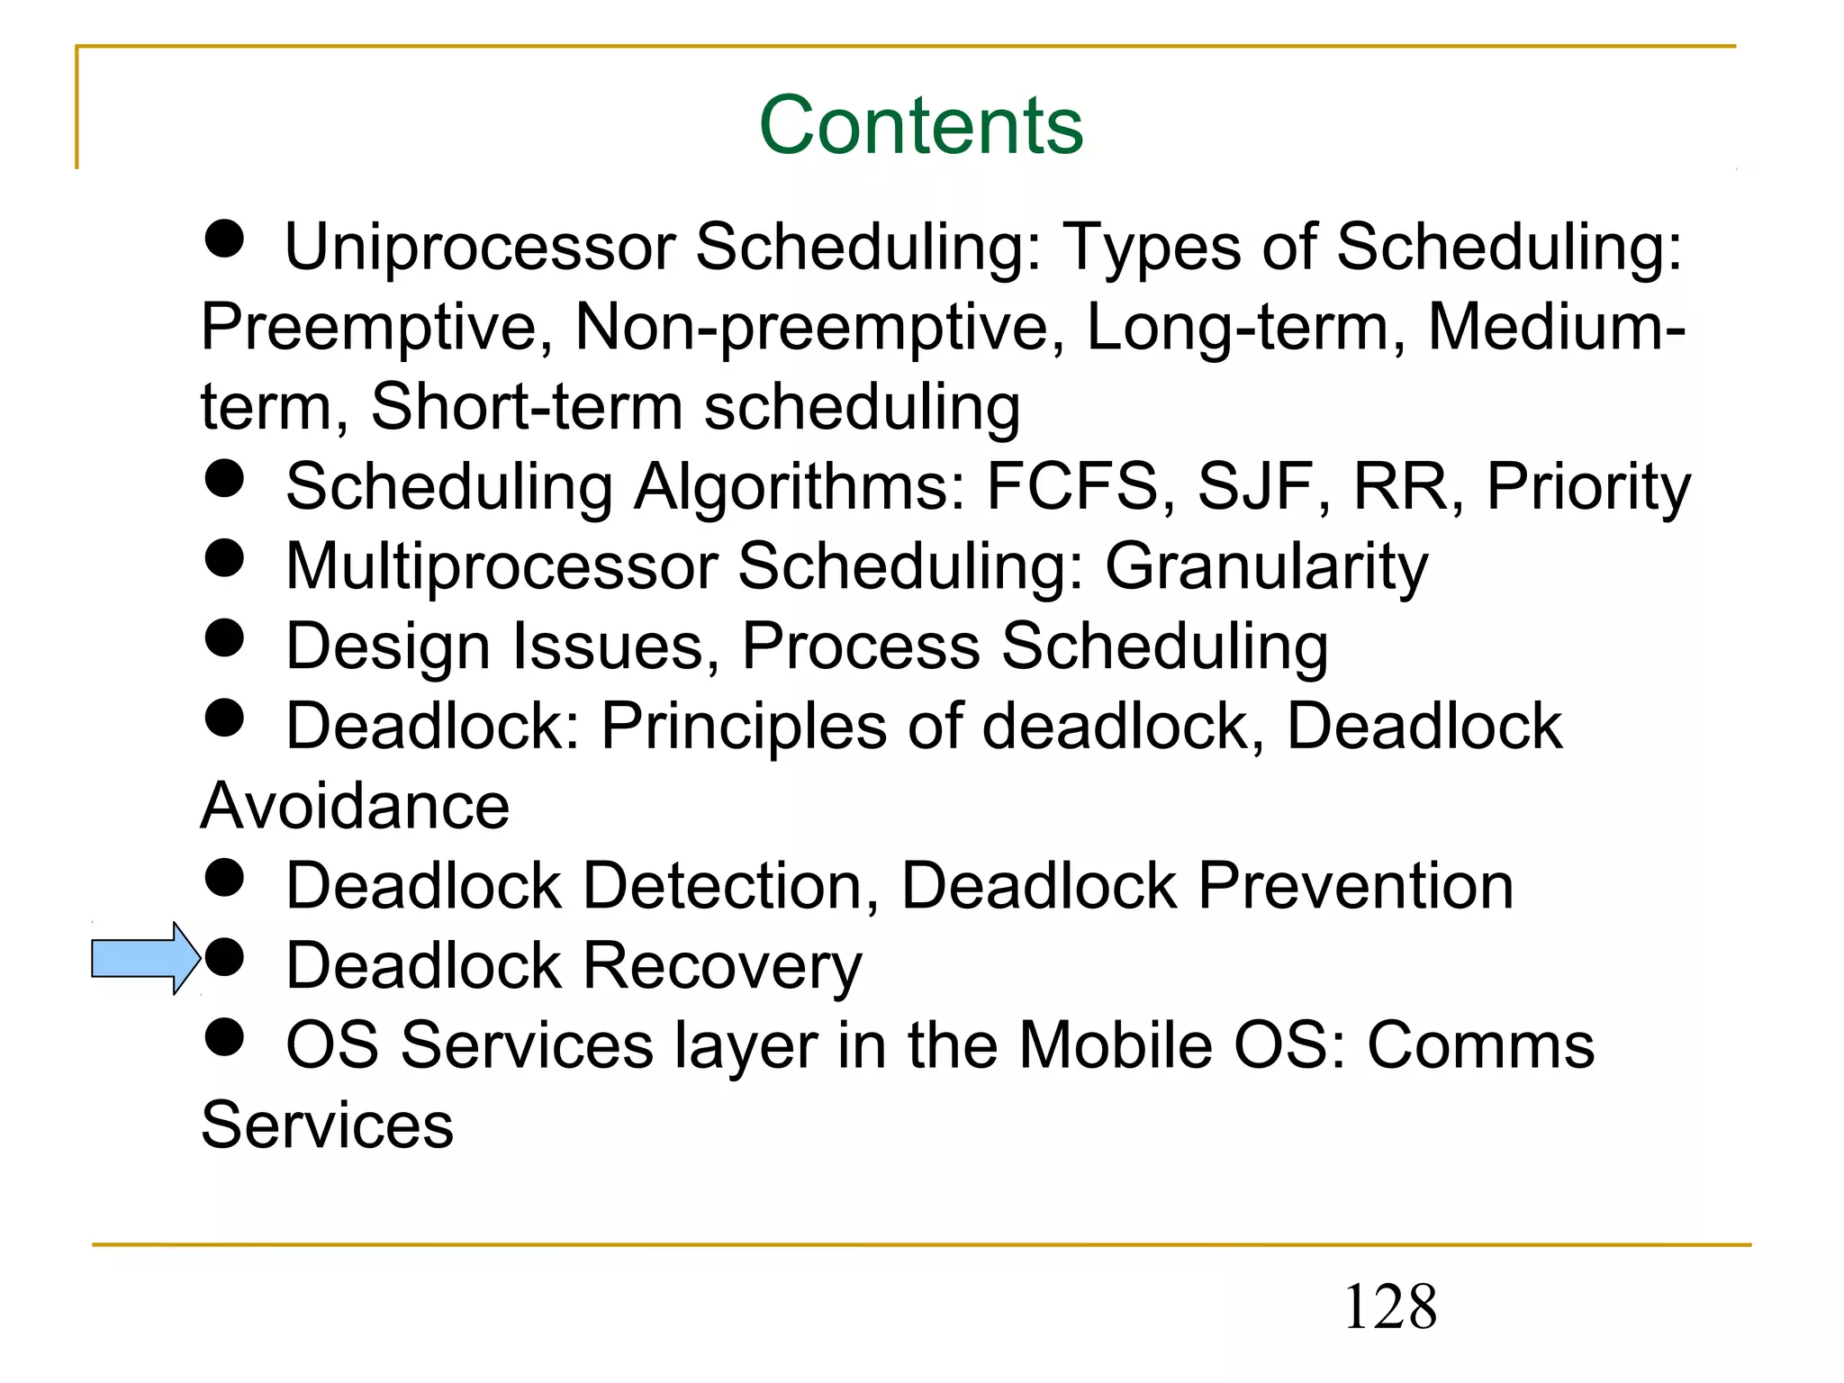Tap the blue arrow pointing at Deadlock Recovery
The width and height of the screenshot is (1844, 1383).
(144, 958)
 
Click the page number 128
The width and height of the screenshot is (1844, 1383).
(1389, 1306)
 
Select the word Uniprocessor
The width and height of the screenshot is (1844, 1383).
(480, 246)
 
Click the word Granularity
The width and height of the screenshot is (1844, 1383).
(1266, 567)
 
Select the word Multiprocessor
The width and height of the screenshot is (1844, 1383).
(502, 567)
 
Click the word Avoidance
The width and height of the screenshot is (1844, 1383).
(355, 806)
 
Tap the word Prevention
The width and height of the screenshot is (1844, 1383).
(1355, 886)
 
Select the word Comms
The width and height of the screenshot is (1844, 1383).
(1480, 1045)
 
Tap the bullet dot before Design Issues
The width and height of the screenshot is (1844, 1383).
(224, 637)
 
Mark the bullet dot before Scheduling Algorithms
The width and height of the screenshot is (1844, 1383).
(224, 478)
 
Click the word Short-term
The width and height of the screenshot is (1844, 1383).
(527, 407)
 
